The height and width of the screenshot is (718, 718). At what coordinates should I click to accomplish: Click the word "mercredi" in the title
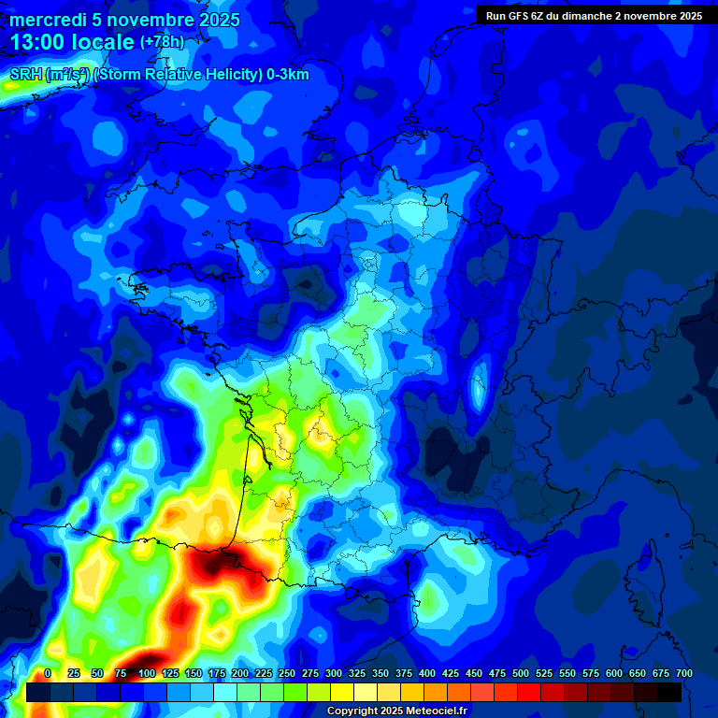46,20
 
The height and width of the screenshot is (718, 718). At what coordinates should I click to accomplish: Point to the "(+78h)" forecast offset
162,42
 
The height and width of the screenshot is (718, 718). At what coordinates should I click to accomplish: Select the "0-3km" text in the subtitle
286,75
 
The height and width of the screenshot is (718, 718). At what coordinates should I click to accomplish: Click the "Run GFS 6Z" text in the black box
515,16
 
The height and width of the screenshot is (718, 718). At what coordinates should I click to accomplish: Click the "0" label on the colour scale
47,673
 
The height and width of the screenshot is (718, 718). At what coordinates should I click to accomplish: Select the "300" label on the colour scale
334,673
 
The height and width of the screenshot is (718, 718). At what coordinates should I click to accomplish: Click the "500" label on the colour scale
521,673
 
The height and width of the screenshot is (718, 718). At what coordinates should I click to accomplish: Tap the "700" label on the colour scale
683,673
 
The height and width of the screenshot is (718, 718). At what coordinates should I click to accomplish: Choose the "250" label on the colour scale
287,673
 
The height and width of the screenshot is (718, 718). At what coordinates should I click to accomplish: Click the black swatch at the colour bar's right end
669,692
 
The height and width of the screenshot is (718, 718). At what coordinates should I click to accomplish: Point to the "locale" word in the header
103,42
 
